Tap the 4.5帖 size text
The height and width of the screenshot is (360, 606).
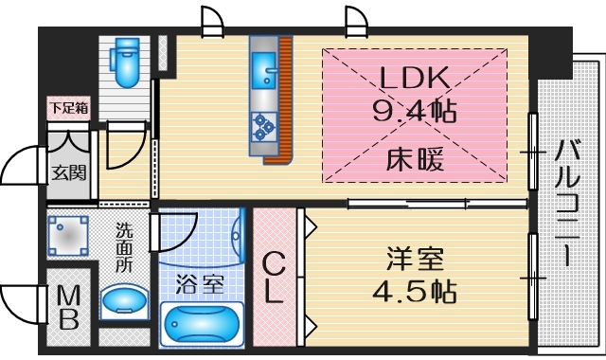point(413,290)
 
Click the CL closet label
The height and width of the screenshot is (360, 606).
point(272,277)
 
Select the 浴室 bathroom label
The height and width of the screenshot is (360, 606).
point(199,281)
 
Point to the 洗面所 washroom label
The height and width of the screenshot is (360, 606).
point(124,247)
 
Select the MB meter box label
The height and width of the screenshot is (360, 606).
point(68,308)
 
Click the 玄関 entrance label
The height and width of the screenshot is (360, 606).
point(69,172)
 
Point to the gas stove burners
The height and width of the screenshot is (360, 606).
point(263,124)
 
